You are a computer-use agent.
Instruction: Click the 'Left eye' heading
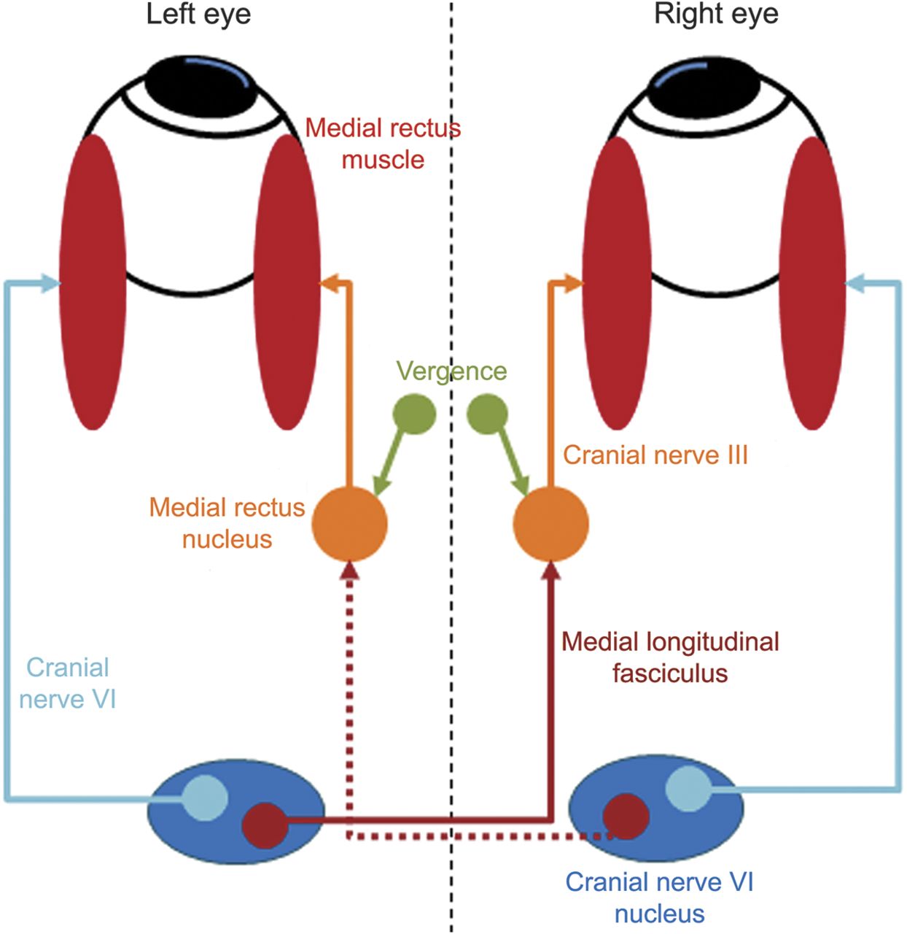pyautogui.click(x=198, y=15)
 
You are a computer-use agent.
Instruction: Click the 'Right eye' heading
pyautogui.click(x=715, y=15)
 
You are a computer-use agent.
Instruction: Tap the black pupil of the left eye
pyautogui.click(x=201, y=84)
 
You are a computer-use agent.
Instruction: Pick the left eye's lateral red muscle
pyautogui.click(x=93, y=281)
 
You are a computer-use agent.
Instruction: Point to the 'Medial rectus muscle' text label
pyautogui.click(x=383, y=143)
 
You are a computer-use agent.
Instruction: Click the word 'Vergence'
pyautogui.click(x=451, y=371)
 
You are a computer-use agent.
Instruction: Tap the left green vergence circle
pyautogui.click(x=414, y=414)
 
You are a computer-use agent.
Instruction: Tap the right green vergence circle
pyautogui.click(x=487, y=414)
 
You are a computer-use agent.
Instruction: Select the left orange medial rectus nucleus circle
pyautogui.click(x=350, y=523)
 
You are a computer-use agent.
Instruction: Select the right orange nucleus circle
pyautogui.click(x=550, y=523)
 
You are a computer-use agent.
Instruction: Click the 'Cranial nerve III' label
pyautogui.click(x=655, y=455)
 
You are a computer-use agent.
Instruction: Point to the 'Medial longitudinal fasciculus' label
pyautogui.click(x=670, y=657)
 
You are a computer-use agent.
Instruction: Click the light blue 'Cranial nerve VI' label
pyautogui.click(x=67, y=683)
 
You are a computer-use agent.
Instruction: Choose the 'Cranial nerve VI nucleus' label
pyautogui.click(x=659, y=898)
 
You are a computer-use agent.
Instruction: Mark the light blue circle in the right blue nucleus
pyautogui.click(x=688, y=790)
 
